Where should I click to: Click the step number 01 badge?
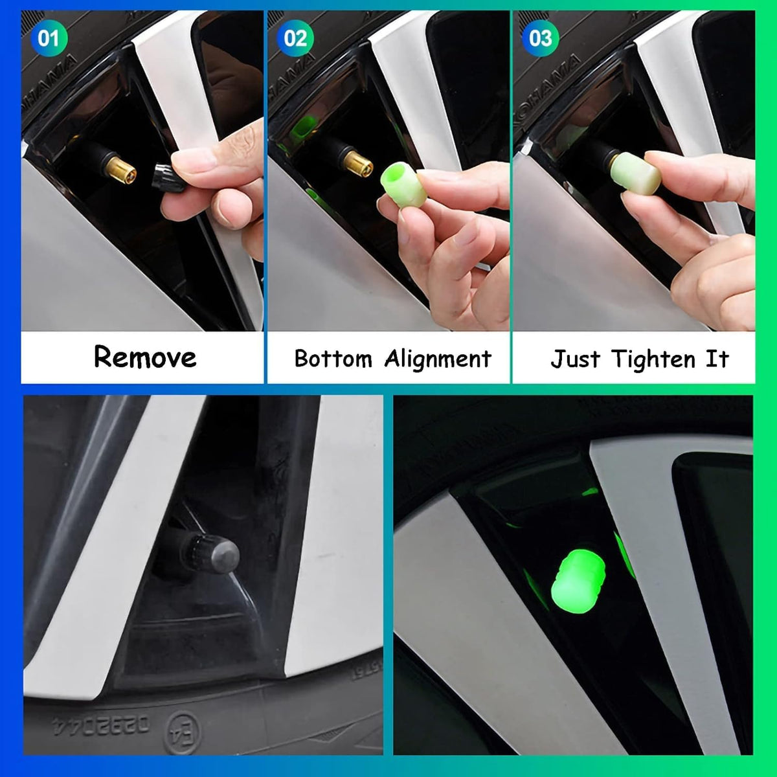click(x=48, y=38)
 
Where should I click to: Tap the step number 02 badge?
click(x=295, y=38)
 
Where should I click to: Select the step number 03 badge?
click(x=540, y=38)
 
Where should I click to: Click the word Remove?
click(x=145, y=357)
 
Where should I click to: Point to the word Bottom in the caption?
click(x=333, y=358)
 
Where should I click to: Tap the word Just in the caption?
click(x=575, y=359)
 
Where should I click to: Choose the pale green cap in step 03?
click(x=637, y=173)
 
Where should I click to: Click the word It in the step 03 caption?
click(x=717, y=359)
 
